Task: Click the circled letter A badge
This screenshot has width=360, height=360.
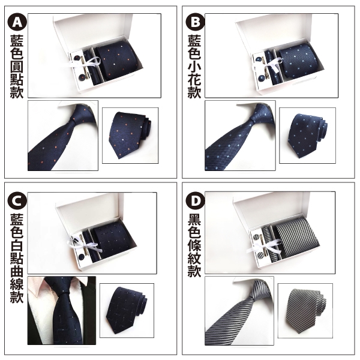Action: [x=17, y=22]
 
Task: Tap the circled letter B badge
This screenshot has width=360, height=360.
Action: [x=195, y=22]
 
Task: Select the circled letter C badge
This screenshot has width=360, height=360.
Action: [x=17, y=201]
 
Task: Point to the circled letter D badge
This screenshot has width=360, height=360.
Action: [x=195, y=201]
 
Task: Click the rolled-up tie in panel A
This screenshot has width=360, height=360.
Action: [x=130, y=134]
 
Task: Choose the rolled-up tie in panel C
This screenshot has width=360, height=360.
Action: [x=126, y=310]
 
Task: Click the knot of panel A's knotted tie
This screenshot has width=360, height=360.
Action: [x=73, y=121]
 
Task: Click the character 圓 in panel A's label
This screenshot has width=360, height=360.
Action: [x=17, y=67]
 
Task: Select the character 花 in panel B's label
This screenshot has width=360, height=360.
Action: [x=194, y=80]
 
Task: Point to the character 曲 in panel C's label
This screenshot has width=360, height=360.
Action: [x=17, y=271]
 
